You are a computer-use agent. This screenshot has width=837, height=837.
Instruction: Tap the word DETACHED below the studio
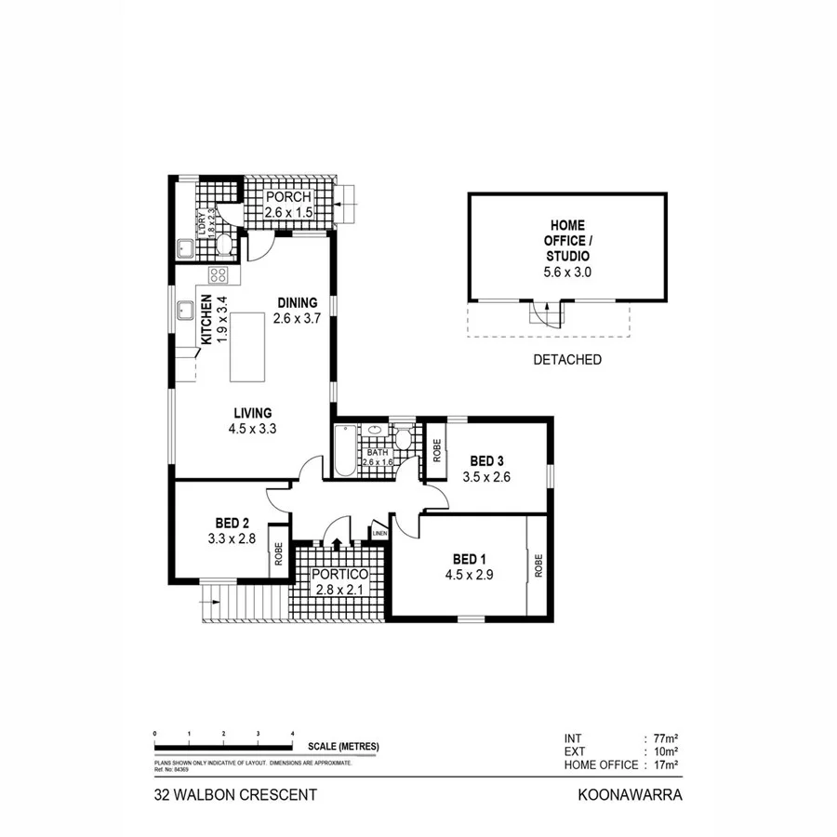[568, 359]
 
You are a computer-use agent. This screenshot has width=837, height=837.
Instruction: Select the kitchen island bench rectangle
[246, 346]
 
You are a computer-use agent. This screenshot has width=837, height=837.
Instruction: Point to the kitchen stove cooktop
[219, 274]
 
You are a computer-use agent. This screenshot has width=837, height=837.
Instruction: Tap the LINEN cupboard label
[379, 534]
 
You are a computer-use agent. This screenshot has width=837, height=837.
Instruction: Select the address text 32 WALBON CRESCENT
[235, 795]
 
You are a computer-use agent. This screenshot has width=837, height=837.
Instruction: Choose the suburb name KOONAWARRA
[631, 795]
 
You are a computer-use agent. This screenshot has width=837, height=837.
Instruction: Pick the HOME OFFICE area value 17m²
[664, 764]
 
